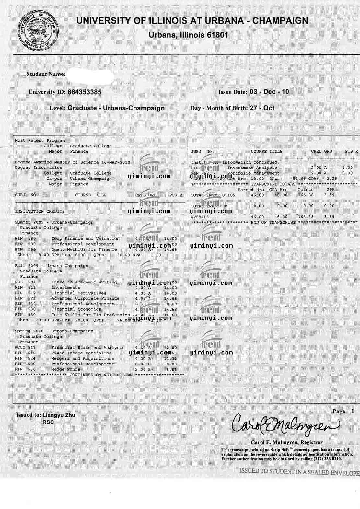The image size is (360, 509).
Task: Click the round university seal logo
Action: coord(38,29)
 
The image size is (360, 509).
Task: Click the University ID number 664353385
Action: coord(84,92)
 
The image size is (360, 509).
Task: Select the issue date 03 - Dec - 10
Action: coord(269,92)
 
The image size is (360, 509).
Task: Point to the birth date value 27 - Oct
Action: coord(262,108)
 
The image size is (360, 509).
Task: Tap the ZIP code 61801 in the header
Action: coord(218,35)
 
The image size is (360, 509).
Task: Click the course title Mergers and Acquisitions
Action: coord(83,358)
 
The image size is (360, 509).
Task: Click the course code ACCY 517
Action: coord(25,348)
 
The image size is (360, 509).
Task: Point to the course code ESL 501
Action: coord(25,282)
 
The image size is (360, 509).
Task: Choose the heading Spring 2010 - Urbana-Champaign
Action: coord(54,331)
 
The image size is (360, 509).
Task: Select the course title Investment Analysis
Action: coord(252,168)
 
